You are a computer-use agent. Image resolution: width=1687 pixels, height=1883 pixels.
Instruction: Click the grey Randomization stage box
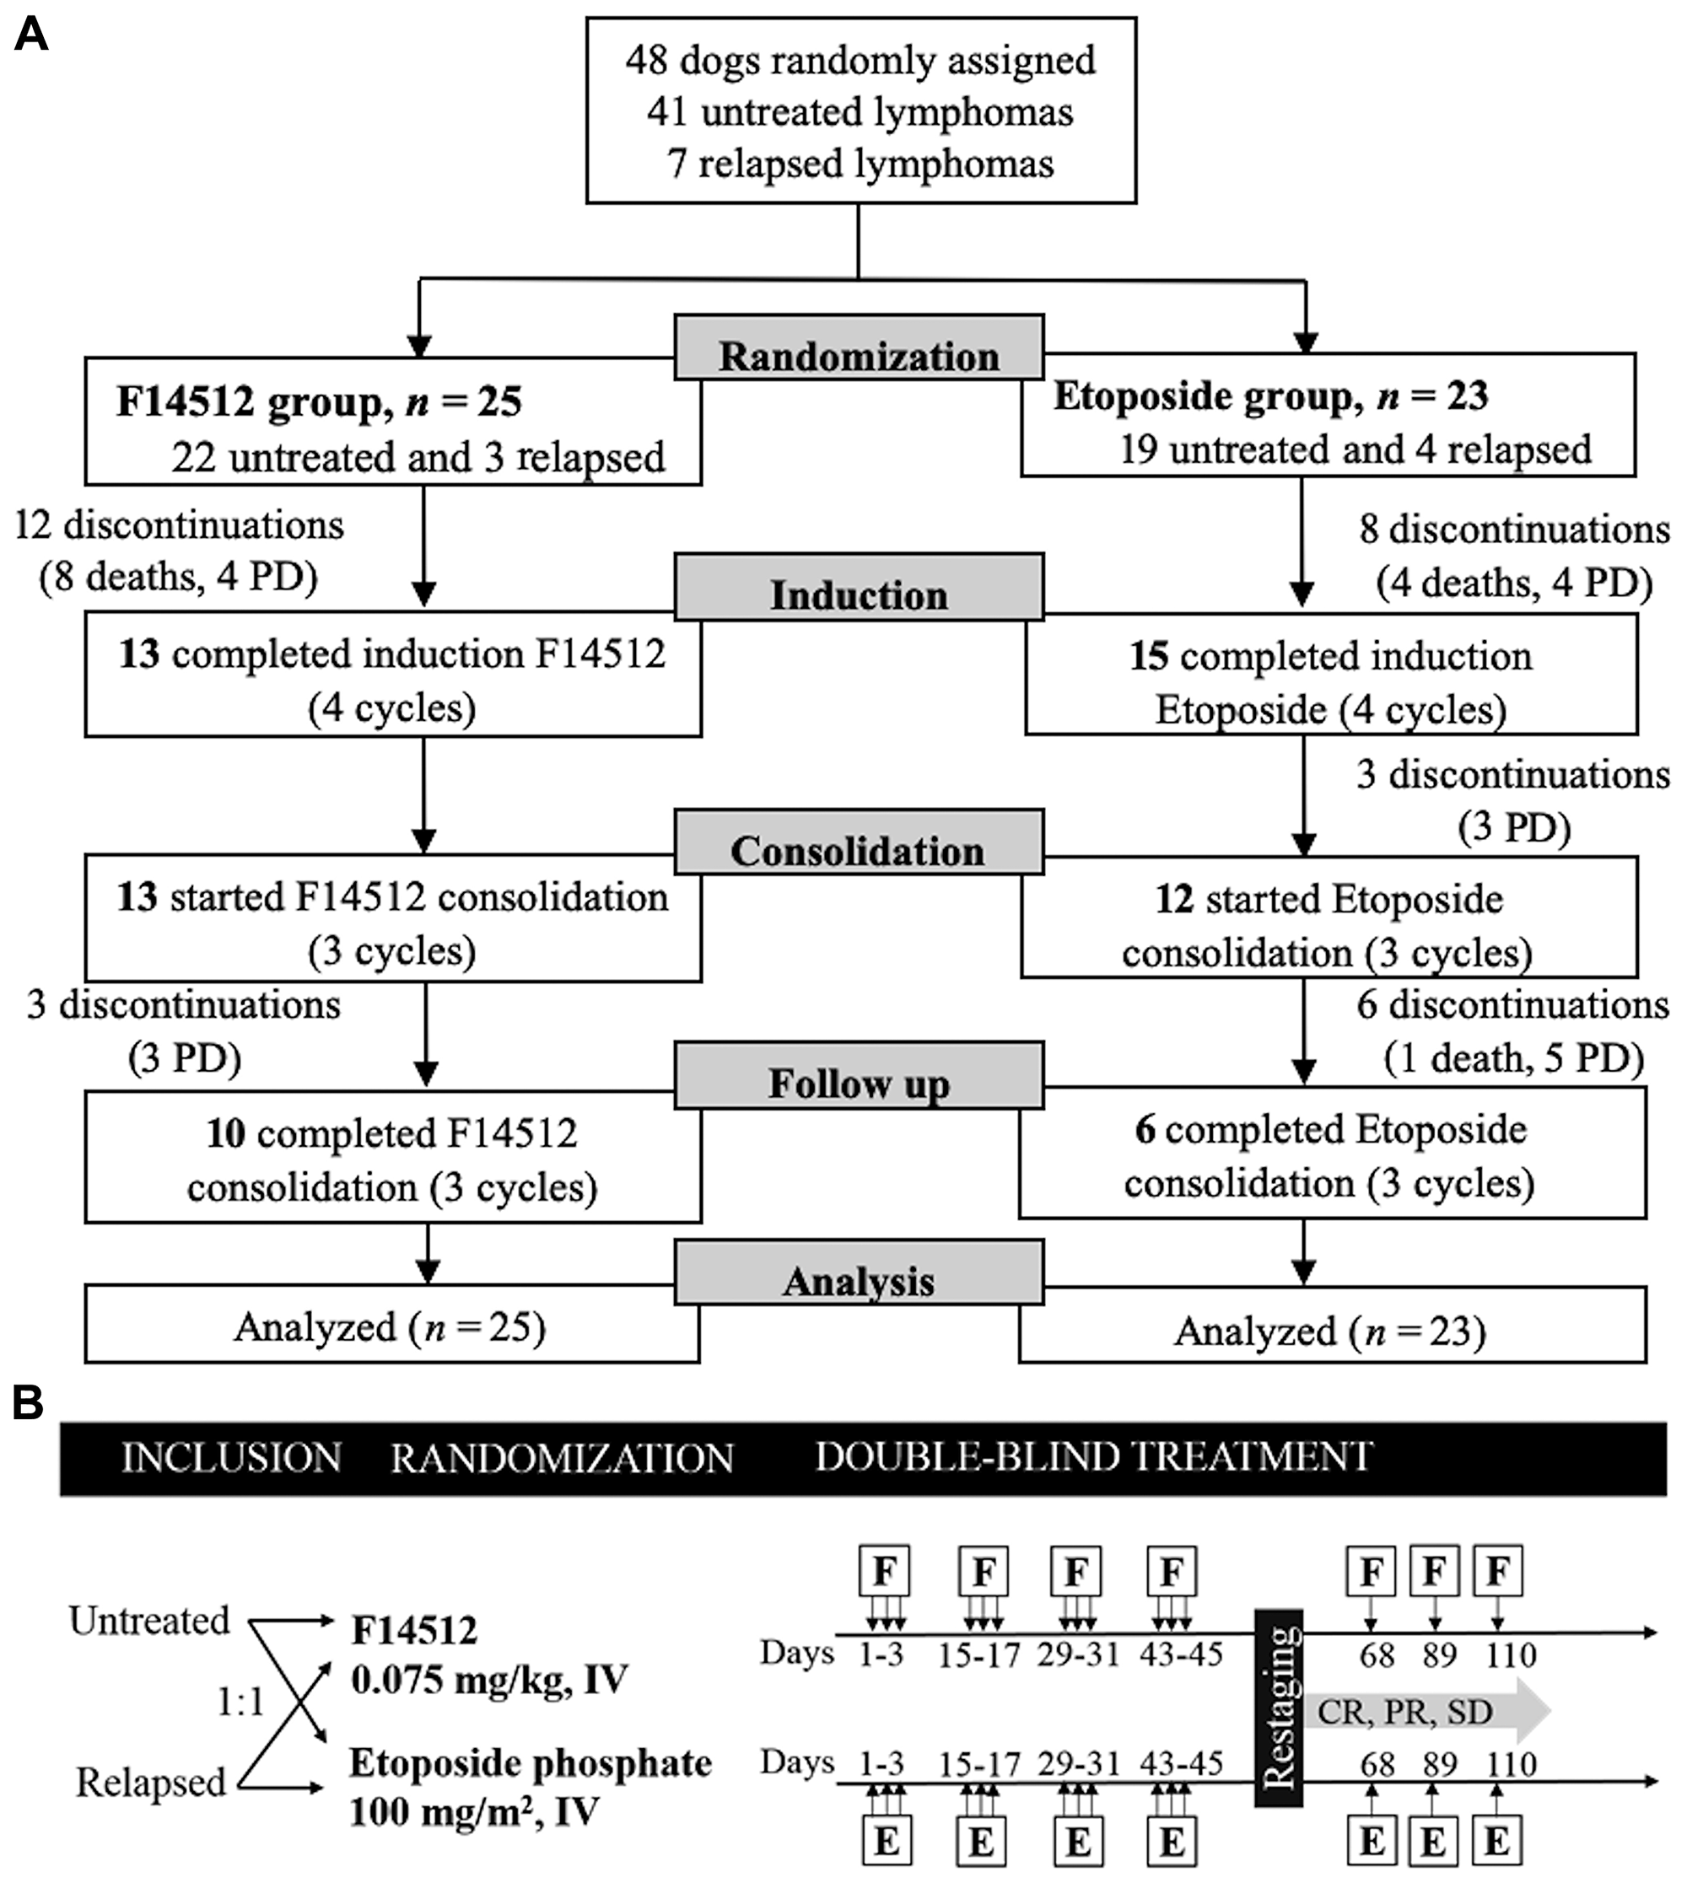pyautogui.click(x=860, y=347)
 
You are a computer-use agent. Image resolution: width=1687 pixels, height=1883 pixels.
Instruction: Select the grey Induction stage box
pyautogui.click(x=860, y=587)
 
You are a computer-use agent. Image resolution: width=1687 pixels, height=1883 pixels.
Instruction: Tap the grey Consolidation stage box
pyautogui.click(x=860, y=842)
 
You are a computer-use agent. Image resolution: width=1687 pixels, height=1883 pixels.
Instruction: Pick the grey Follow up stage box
pyautogui.click(x=860, y=1075)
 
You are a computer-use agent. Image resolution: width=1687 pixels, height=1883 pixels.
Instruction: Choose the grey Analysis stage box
pyautogui.click(x=860, y=1272)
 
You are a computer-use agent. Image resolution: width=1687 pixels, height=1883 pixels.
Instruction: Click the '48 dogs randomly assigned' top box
pyautogui.click(x=861, y=110)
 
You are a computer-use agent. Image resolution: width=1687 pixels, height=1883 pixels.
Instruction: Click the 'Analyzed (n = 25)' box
pyautogui.click(x=392, y=1323)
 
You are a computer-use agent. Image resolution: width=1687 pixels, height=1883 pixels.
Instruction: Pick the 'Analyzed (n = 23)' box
pyautogui.click(x=1332, y=1324)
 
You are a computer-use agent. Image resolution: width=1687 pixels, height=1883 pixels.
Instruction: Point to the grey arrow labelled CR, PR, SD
pyautogui.click(x=1428, y=1711)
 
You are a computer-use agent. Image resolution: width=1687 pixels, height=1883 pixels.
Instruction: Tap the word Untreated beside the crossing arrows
pyautogui.click(x=149, y=1620)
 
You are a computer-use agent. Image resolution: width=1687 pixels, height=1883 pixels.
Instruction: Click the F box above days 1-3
pyautogui.click(x=884, y=1571)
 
